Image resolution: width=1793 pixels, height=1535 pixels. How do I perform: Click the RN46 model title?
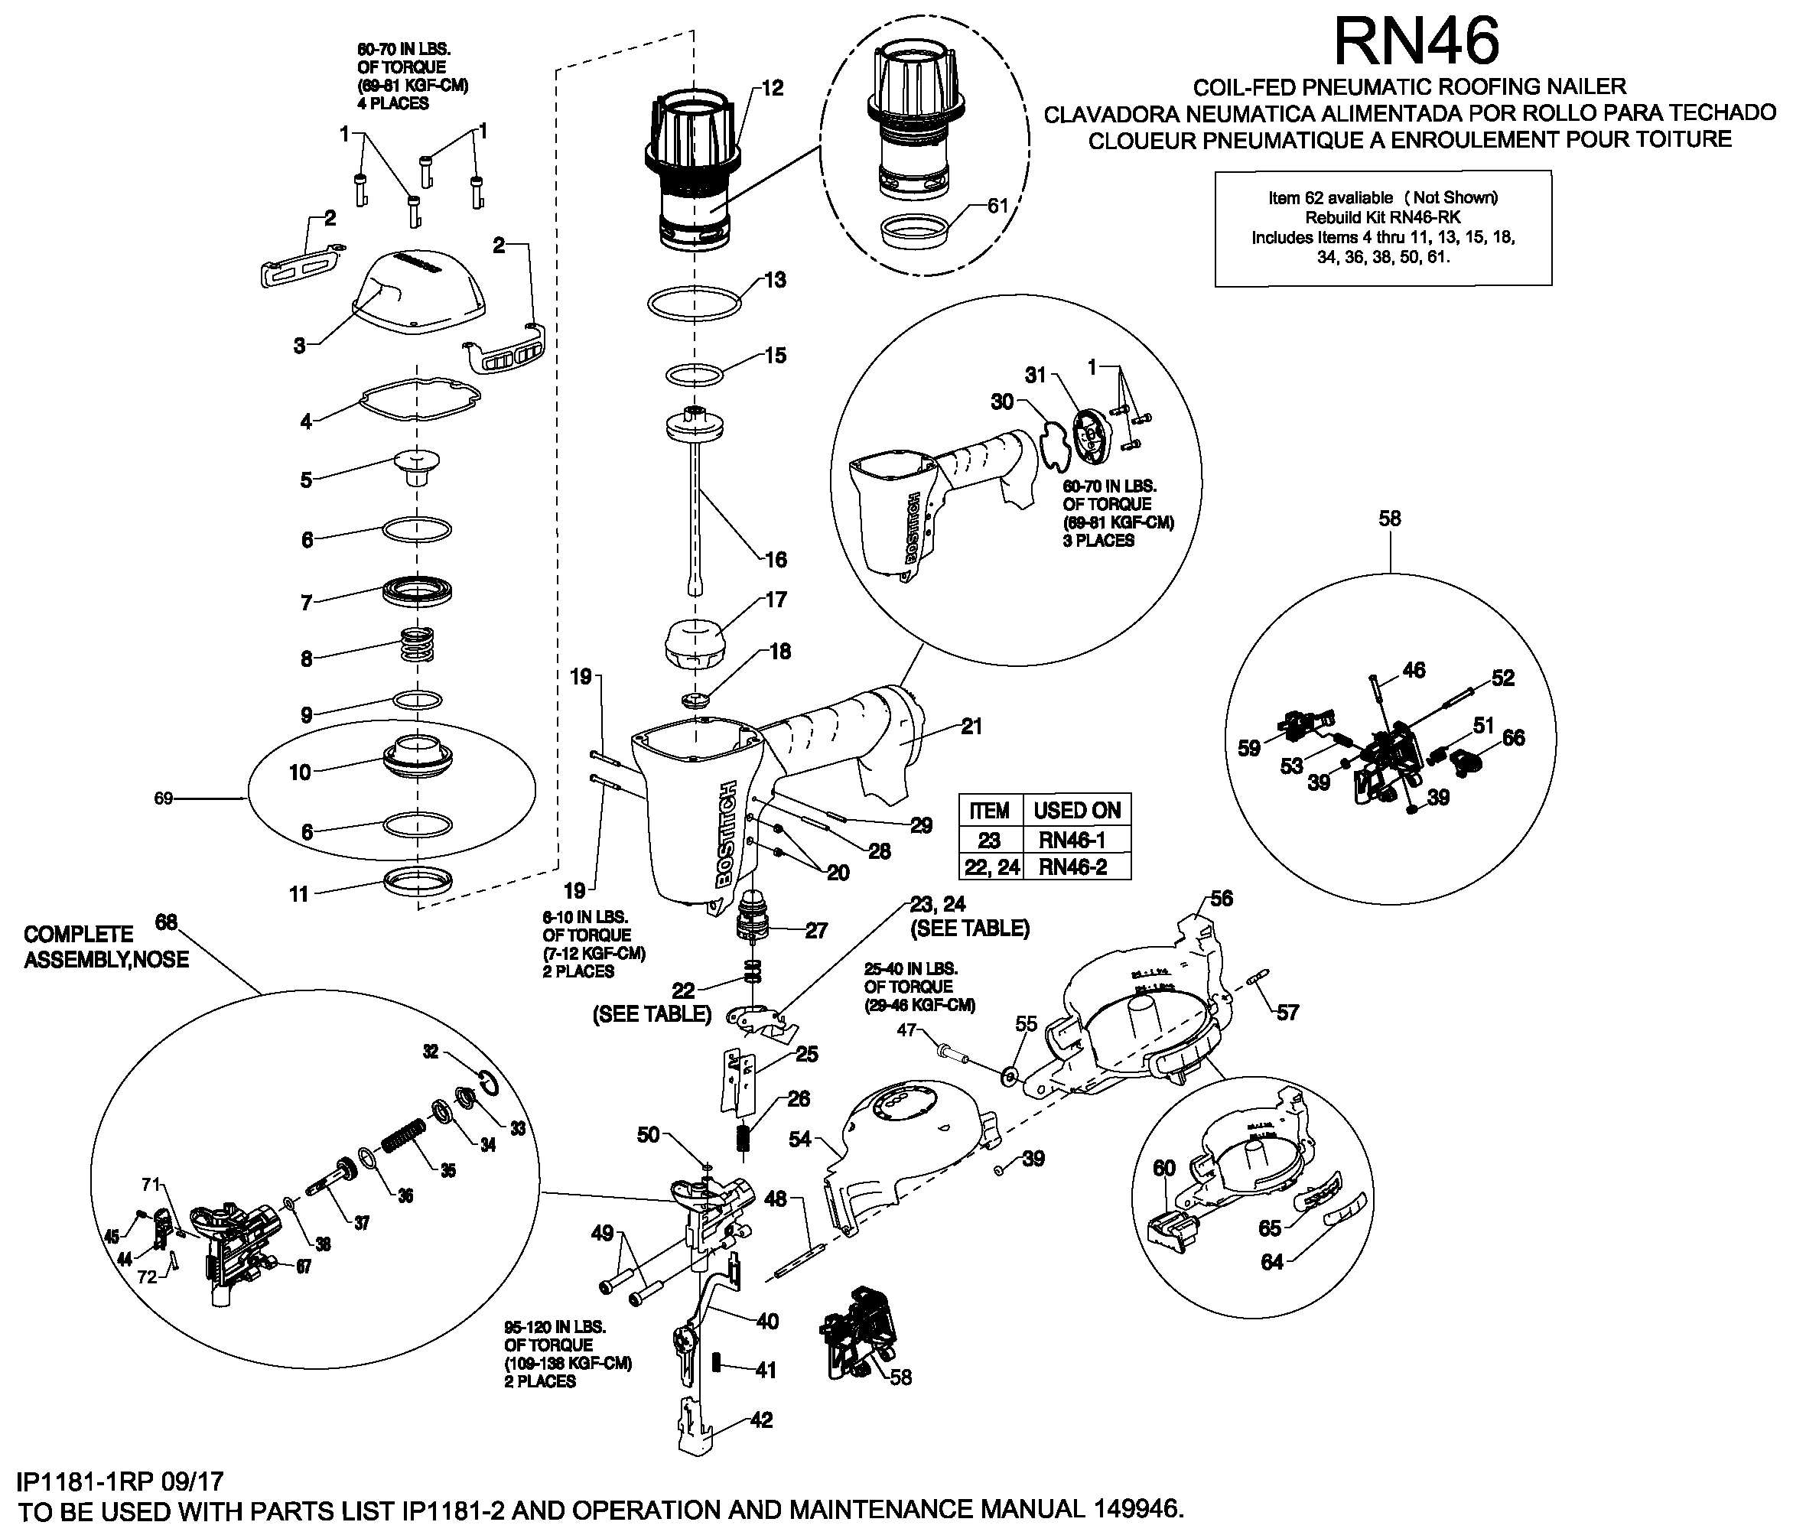pos(1417,41)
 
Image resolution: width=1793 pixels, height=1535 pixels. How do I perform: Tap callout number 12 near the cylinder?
pos(772,87)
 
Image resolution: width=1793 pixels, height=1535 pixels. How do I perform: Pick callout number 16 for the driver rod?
pos(776,559)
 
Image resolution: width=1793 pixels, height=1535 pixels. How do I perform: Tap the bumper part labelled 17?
pos(692,643)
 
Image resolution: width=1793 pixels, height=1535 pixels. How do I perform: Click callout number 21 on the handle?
pos(971,726)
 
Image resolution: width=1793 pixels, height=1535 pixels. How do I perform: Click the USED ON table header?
pos(1076,811)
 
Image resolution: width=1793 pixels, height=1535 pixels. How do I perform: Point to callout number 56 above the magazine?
pos(1221,898)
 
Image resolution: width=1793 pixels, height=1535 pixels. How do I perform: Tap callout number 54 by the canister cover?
pos(799,1139)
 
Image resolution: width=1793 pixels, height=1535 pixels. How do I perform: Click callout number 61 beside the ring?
pos(997,206)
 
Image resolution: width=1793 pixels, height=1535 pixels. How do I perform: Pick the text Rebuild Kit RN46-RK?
pos(1382,217)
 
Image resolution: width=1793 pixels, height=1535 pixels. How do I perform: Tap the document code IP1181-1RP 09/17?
pos(119,1481)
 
